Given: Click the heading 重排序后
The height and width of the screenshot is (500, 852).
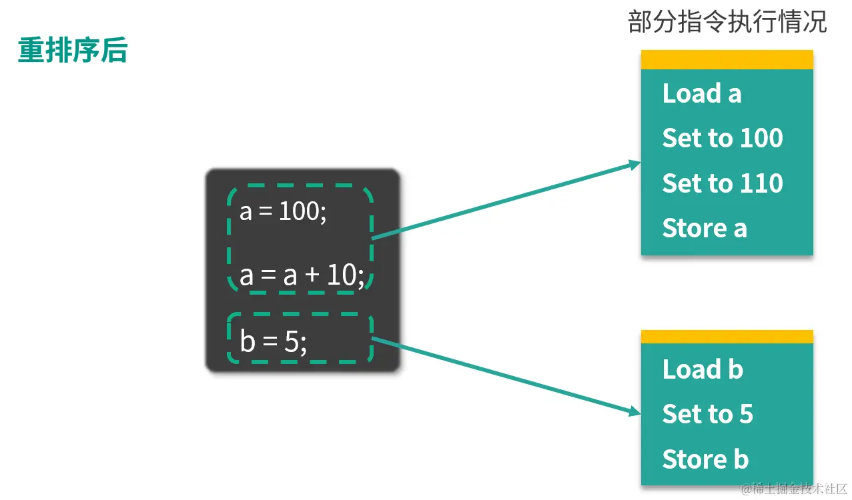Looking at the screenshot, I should (x=72, y=51).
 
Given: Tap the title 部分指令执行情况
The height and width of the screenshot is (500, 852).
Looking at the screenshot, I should (x=727, y=23).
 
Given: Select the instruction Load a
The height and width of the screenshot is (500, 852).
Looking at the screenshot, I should (x=701, y=94).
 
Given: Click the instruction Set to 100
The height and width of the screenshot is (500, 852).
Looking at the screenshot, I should (x=722, y=139).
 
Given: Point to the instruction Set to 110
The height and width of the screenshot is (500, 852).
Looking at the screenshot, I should (x=722, y=183).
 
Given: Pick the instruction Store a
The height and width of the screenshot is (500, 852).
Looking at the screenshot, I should (x=704, y=229).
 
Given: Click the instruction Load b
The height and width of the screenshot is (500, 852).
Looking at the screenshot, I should (x=702, y=369).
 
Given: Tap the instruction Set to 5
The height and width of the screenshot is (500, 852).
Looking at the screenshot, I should (x=707, y=415).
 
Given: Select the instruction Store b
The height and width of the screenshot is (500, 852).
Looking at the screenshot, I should (x=705, y=459).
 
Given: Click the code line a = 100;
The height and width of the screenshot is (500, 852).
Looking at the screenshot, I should (x=283, y=212).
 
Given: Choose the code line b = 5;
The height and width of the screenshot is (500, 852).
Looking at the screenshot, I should (x=274, y=342).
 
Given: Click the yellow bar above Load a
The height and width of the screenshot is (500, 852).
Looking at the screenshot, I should (x=727, y=60).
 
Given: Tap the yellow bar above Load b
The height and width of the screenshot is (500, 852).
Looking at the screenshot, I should (x=727, y=337).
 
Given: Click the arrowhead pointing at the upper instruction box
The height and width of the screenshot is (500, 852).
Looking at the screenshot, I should (x=634, y=165).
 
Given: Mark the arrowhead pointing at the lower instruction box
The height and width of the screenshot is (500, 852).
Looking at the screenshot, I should (x=634, y=413).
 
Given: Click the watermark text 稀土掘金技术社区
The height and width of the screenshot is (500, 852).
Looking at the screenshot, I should (x=798, y=489).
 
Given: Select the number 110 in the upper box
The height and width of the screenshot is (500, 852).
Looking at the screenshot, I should (x=761, y=183).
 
